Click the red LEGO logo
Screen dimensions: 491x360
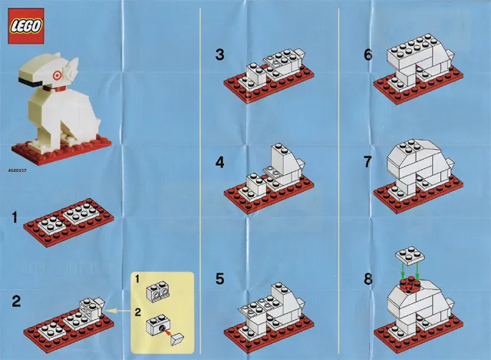coord(26,26)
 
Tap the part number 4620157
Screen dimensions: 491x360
coord(18,170)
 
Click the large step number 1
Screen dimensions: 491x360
coord(15,217)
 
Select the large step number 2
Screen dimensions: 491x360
coord(16,301)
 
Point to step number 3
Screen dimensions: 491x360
coord(220,54)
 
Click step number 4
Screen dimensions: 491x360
coord(220,163)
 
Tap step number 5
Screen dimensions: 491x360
coord(220,279)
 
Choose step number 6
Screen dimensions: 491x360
coord(368,54)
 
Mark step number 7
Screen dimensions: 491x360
coord(368,162)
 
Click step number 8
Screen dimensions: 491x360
coord(368,279)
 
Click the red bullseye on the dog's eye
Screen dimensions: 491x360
coord(57,75)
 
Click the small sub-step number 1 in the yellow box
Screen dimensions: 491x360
coord(137,279)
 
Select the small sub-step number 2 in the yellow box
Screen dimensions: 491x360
coord(138,312)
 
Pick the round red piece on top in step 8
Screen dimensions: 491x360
coord(410,285)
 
